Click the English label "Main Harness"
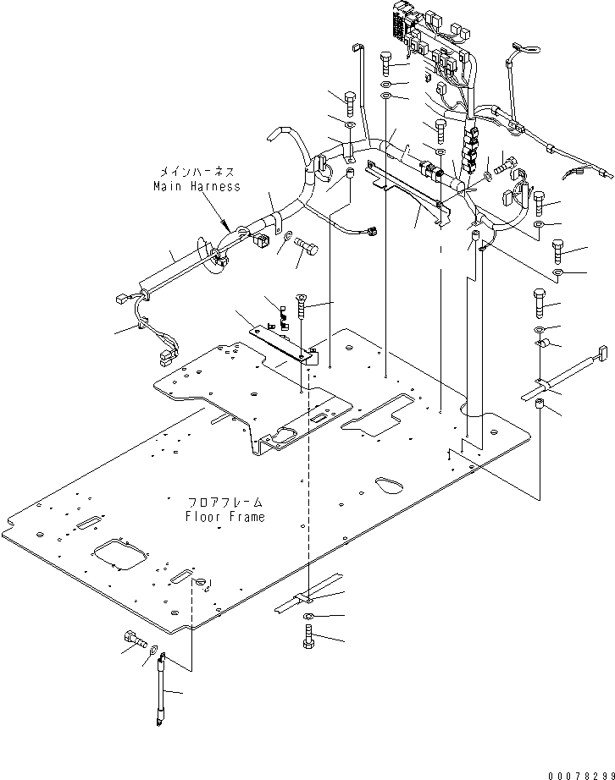point(197,186)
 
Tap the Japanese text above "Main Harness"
point(197,172)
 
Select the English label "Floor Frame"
point(224,516)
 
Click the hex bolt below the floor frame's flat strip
point(308,636)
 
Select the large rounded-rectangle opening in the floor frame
point(121,556)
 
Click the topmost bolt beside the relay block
point(387,61)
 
